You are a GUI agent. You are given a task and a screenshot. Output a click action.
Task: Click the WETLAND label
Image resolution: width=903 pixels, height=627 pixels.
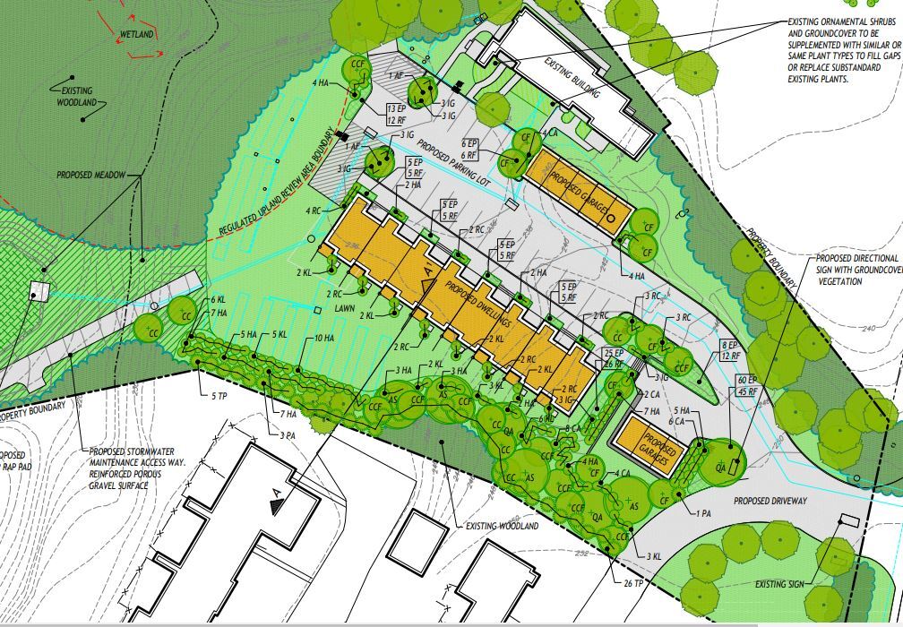coord(136,34)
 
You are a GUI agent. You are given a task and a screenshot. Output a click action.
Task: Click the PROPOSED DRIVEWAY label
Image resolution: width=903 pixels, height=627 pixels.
coord(770,501)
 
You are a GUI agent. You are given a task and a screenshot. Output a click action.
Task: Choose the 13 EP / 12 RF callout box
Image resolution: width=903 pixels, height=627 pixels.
coord(398,114)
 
